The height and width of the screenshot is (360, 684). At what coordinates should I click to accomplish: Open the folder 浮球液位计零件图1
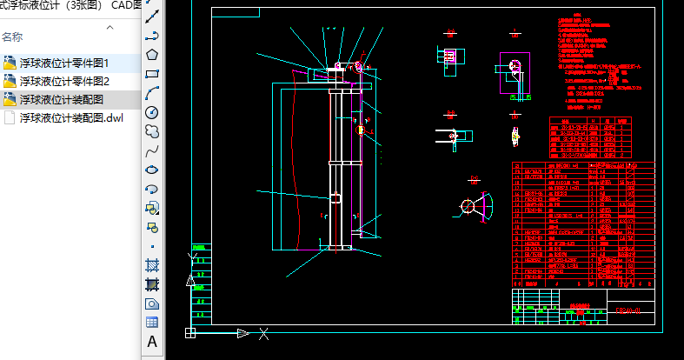[63, 63]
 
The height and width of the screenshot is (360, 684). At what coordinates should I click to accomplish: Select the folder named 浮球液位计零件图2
[63, 81]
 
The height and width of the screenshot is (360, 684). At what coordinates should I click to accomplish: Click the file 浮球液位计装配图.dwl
[71, 117]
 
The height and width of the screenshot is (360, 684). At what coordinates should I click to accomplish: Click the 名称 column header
[12, 37]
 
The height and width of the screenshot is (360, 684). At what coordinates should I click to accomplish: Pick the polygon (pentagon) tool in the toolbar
[152, 54]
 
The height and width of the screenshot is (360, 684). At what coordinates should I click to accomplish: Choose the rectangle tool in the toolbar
[152, 73]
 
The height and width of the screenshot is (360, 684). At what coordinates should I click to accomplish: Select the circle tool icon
[152, 112]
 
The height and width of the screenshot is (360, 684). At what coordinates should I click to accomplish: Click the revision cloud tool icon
[152, 131]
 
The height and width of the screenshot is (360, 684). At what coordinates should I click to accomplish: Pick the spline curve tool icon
[152, 150]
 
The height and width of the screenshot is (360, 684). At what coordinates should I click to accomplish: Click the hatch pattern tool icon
[152, 265]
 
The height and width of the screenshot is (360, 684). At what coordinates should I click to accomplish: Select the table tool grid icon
[152, 322]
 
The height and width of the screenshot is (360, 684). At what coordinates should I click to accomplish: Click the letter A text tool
[152, 342]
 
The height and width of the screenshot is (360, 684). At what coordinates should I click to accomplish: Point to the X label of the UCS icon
[263, 333]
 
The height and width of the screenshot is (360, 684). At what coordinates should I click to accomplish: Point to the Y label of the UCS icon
[191, 258]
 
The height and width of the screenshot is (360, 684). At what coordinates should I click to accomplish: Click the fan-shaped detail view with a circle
[475, 205]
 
